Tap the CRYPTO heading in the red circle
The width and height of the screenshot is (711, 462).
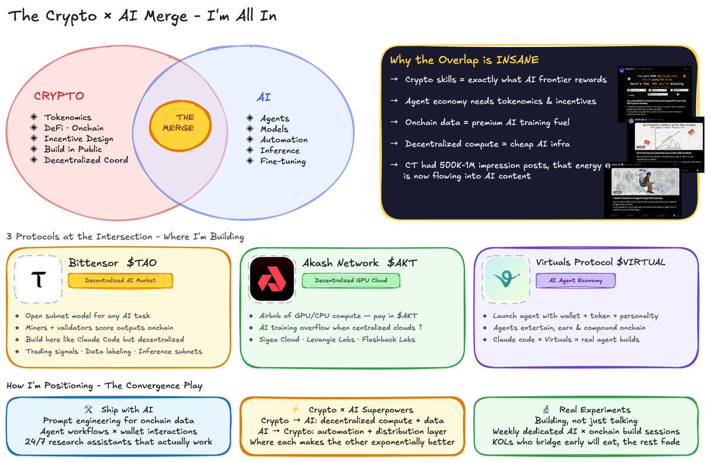pos(59,96)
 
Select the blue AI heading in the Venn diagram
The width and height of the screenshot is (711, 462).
pos(263,97)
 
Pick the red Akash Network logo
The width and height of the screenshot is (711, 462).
pos(272,278)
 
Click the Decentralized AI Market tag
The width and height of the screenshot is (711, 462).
pos(120,281)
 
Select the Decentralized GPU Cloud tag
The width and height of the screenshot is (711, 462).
pos(347,280)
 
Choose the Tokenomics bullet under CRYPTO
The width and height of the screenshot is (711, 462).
pos(67,117)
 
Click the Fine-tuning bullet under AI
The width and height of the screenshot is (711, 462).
pos(282,161)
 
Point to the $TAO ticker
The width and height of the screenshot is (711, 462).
pos(143,262)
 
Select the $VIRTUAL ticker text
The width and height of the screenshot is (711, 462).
pos(639,262)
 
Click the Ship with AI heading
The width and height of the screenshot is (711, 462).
pos(118,410)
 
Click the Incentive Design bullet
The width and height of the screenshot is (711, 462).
pos(78,139)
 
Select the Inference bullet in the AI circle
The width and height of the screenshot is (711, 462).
pos(279,151)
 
